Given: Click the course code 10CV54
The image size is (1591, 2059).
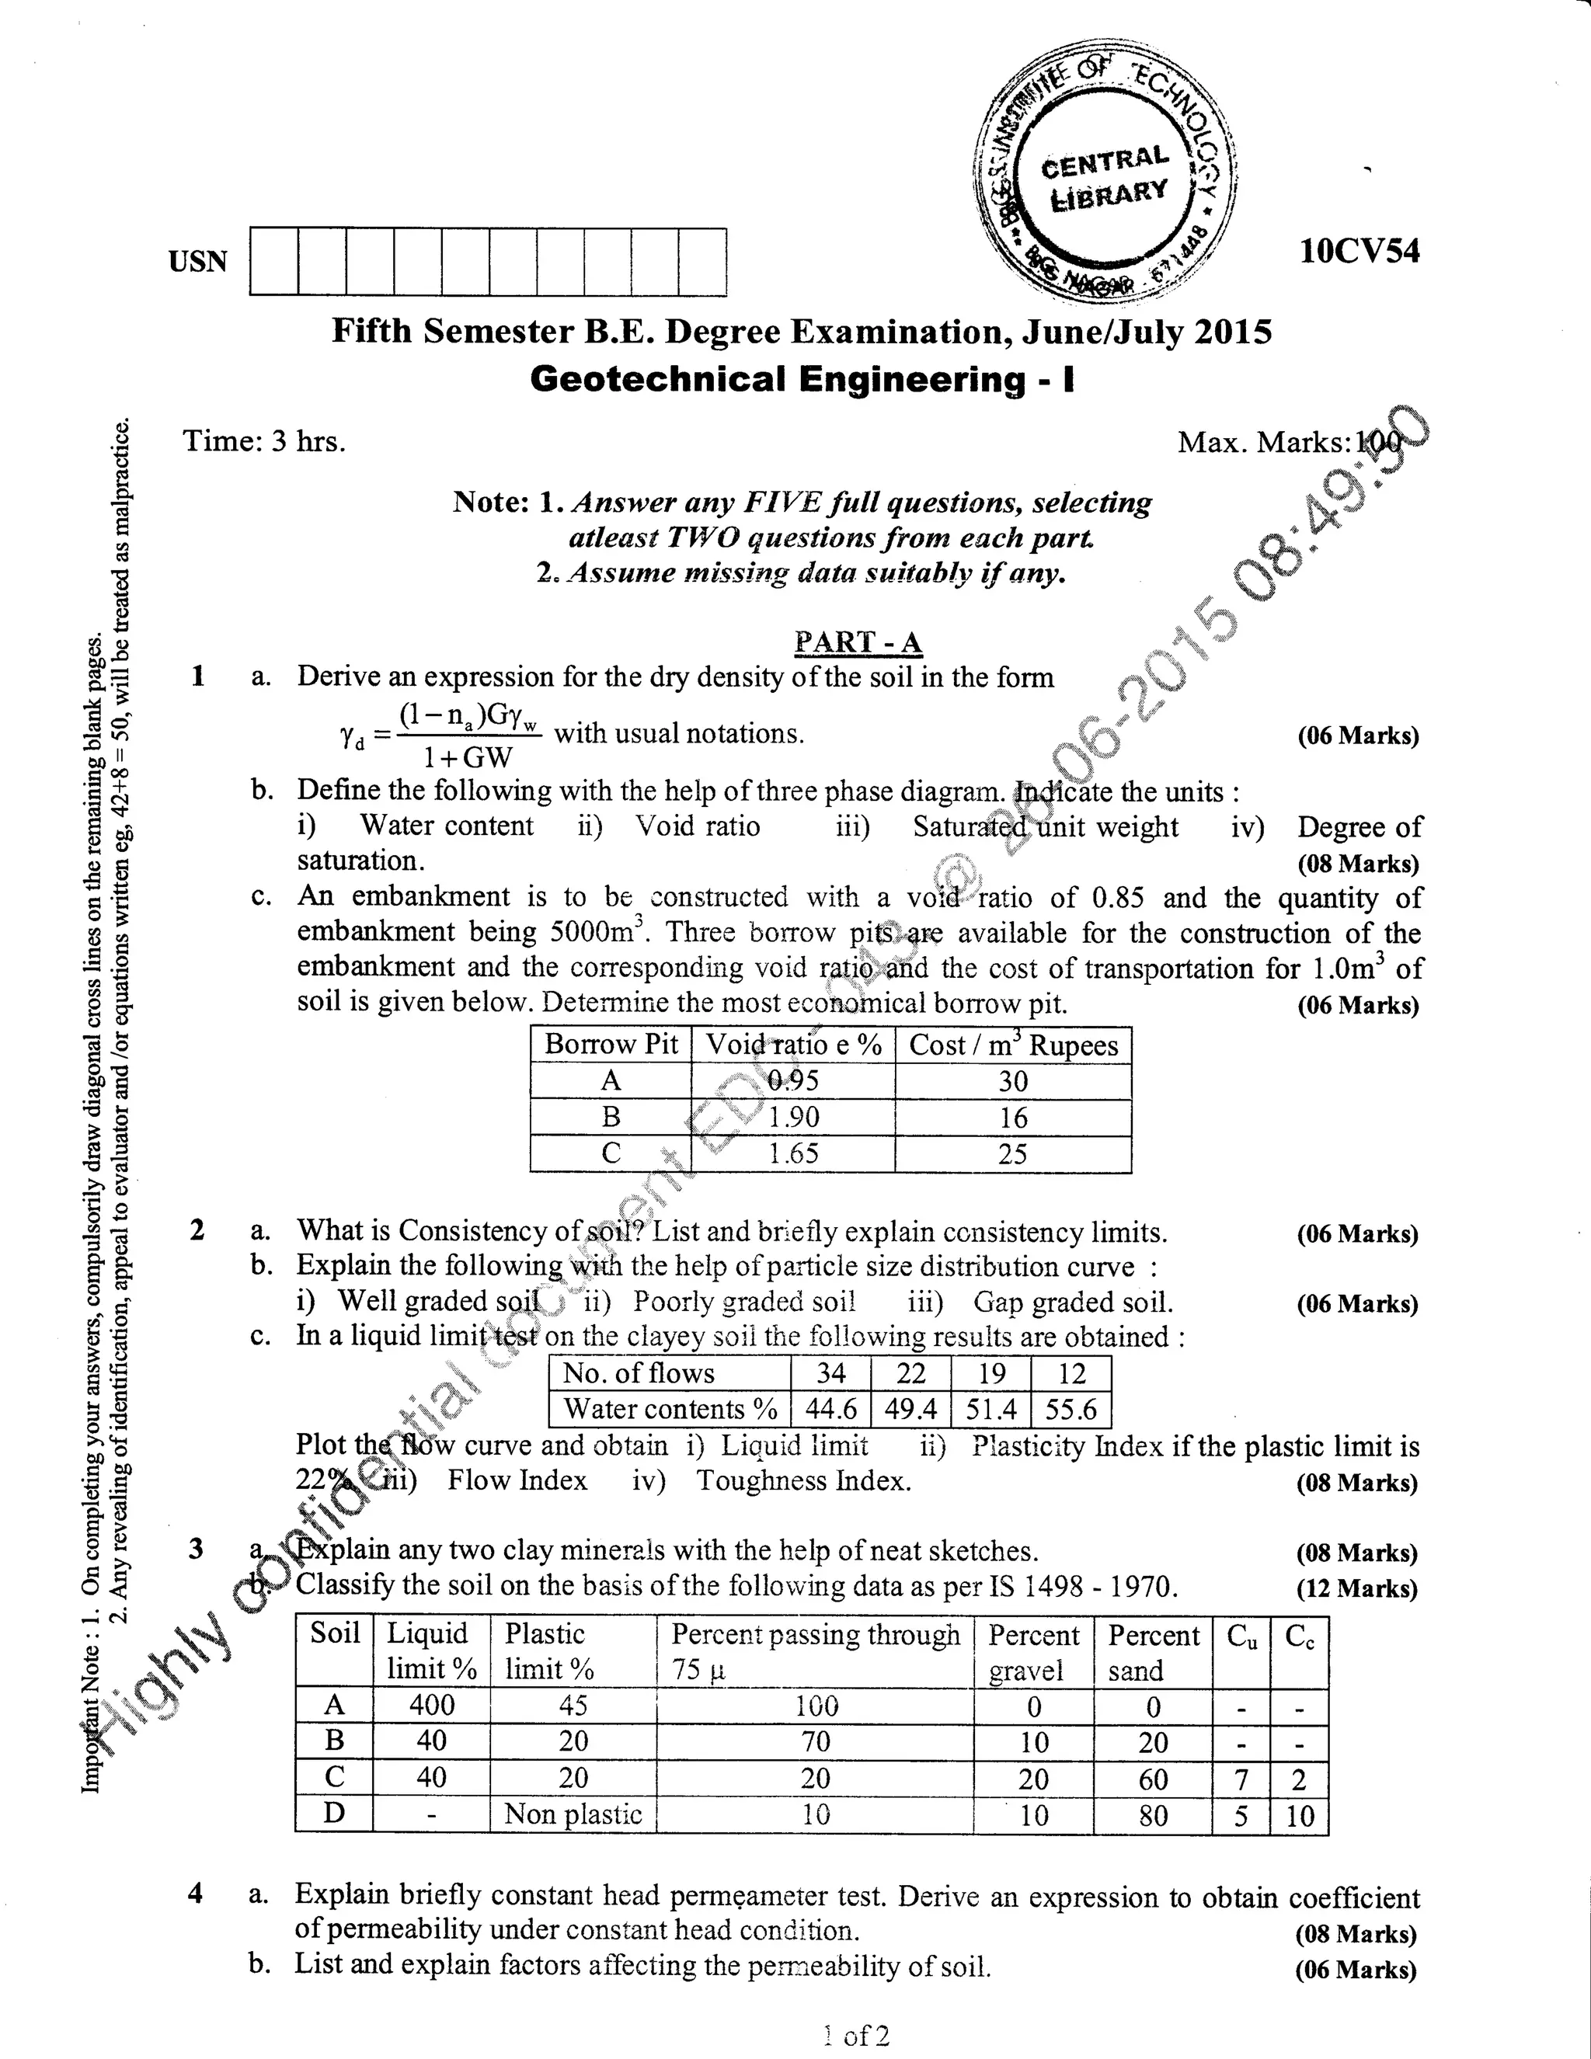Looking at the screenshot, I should coord(1358,251).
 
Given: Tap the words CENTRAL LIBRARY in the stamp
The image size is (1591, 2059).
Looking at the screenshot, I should coord(1105,177).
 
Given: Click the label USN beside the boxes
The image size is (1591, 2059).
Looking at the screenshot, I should coord(198,261).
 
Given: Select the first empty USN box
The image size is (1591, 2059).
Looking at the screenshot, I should coord(274,261).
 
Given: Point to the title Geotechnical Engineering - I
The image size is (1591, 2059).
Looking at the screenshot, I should coord(802,379).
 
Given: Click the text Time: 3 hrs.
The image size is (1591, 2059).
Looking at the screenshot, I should coord(264,441).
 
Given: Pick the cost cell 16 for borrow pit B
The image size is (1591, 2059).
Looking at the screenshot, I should coord(1012,1118).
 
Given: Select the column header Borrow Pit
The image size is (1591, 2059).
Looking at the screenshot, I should coord(611,1045).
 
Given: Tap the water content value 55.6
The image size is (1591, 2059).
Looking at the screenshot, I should coord(1071,1410).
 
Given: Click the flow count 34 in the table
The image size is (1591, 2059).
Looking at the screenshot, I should coord(831,1374).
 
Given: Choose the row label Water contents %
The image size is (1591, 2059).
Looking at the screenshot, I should coord(670,1410).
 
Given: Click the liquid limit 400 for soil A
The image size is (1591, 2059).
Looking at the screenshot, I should coord(431,1706).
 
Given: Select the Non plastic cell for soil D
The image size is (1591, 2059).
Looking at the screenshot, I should coord(573,1815).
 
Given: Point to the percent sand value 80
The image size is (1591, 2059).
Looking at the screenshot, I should coord(1152,1816).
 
